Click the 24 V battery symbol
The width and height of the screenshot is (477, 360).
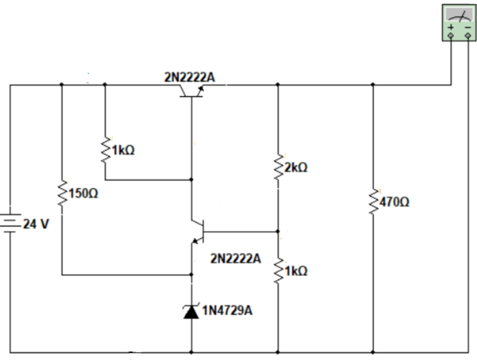click(10, 222)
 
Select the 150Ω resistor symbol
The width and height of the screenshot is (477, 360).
click(62, 194)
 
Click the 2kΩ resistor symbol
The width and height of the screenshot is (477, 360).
click(278, 167)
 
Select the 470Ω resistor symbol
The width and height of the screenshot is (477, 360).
click(373, 202)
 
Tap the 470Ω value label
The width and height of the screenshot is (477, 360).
click(394, 203)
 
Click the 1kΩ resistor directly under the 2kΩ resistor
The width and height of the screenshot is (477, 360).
click(278, 271)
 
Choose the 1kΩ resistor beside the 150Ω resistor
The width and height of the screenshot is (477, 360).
click(104, 150)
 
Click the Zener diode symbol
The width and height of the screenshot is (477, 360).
click(191, 311)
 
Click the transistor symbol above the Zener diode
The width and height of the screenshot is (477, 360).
click(196, 231)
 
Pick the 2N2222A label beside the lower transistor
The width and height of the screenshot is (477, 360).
click(235, 258)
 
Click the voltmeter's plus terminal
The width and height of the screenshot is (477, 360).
click(450, 33)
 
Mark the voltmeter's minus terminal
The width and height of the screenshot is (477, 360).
click(467, 33)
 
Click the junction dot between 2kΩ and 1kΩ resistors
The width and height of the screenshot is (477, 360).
click(278, 231)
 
